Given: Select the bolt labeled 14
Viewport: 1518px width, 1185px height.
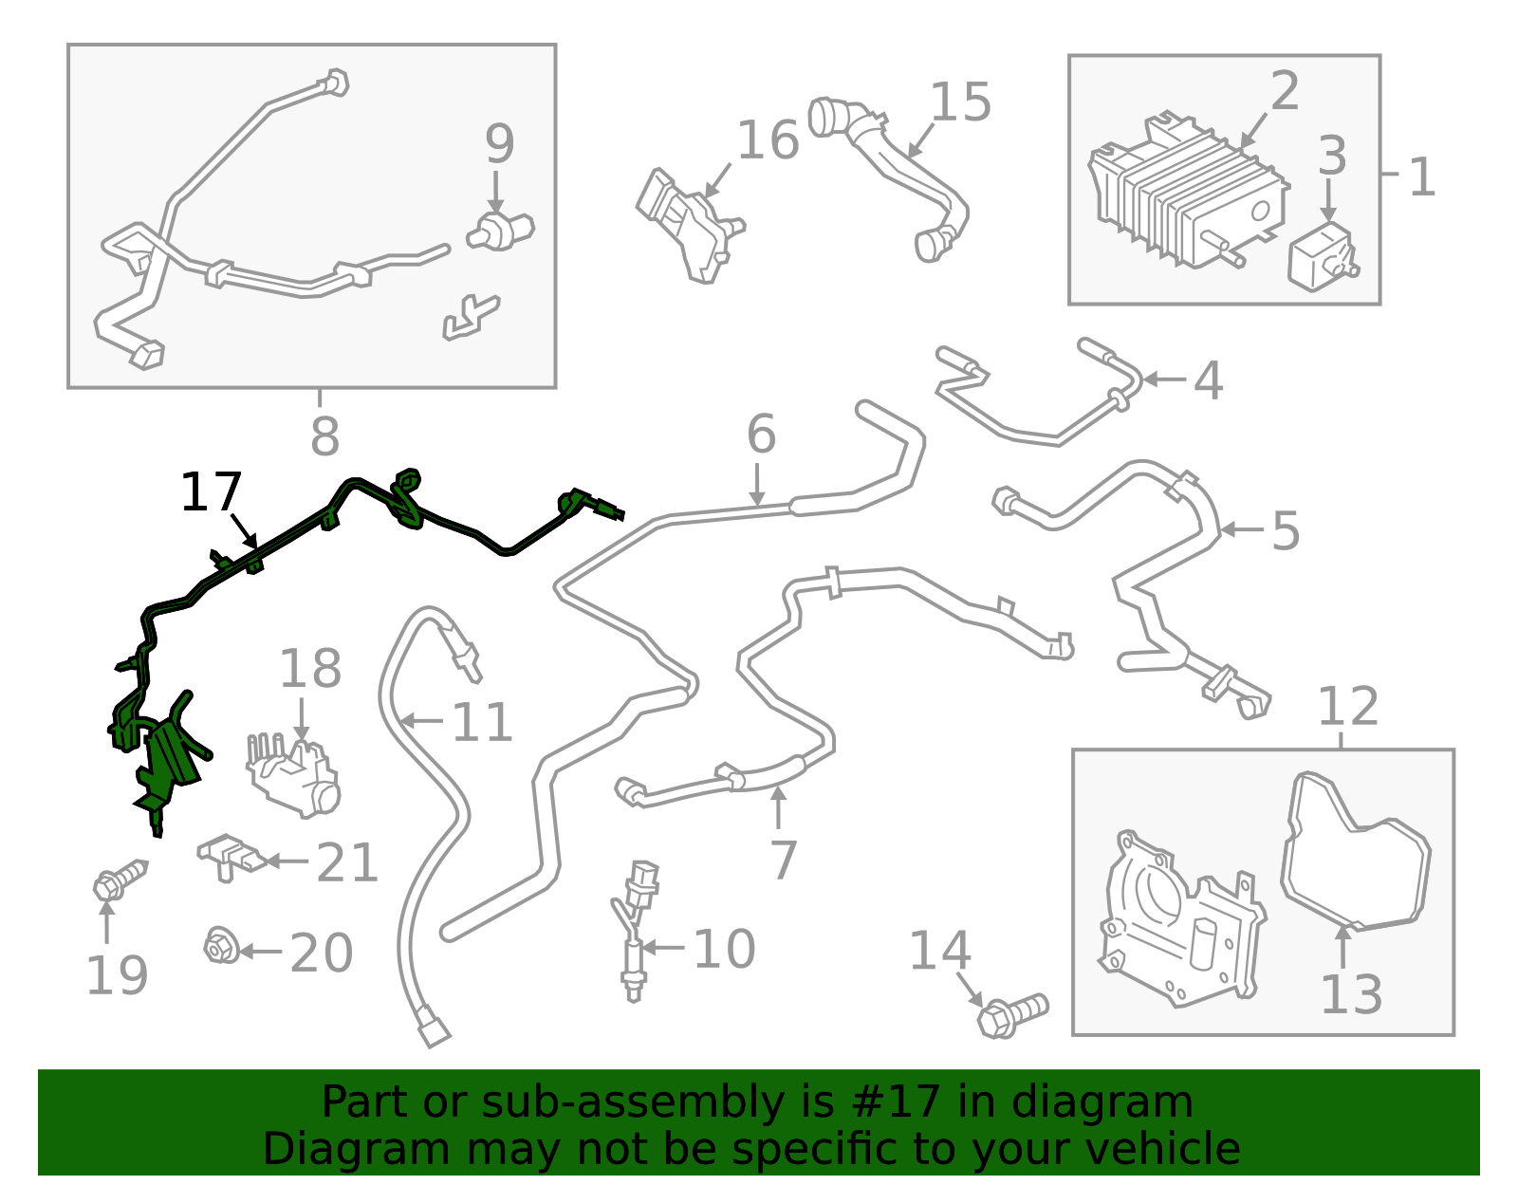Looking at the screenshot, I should point(1011,1015).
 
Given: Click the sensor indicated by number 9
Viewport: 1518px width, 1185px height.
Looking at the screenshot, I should point(500,231).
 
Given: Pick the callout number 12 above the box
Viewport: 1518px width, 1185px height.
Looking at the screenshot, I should point(1347,707).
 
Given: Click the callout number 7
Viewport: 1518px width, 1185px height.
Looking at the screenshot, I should point(783,860).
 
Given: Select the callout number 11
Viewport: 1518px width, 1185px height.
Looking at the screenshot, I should point(482,723).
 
